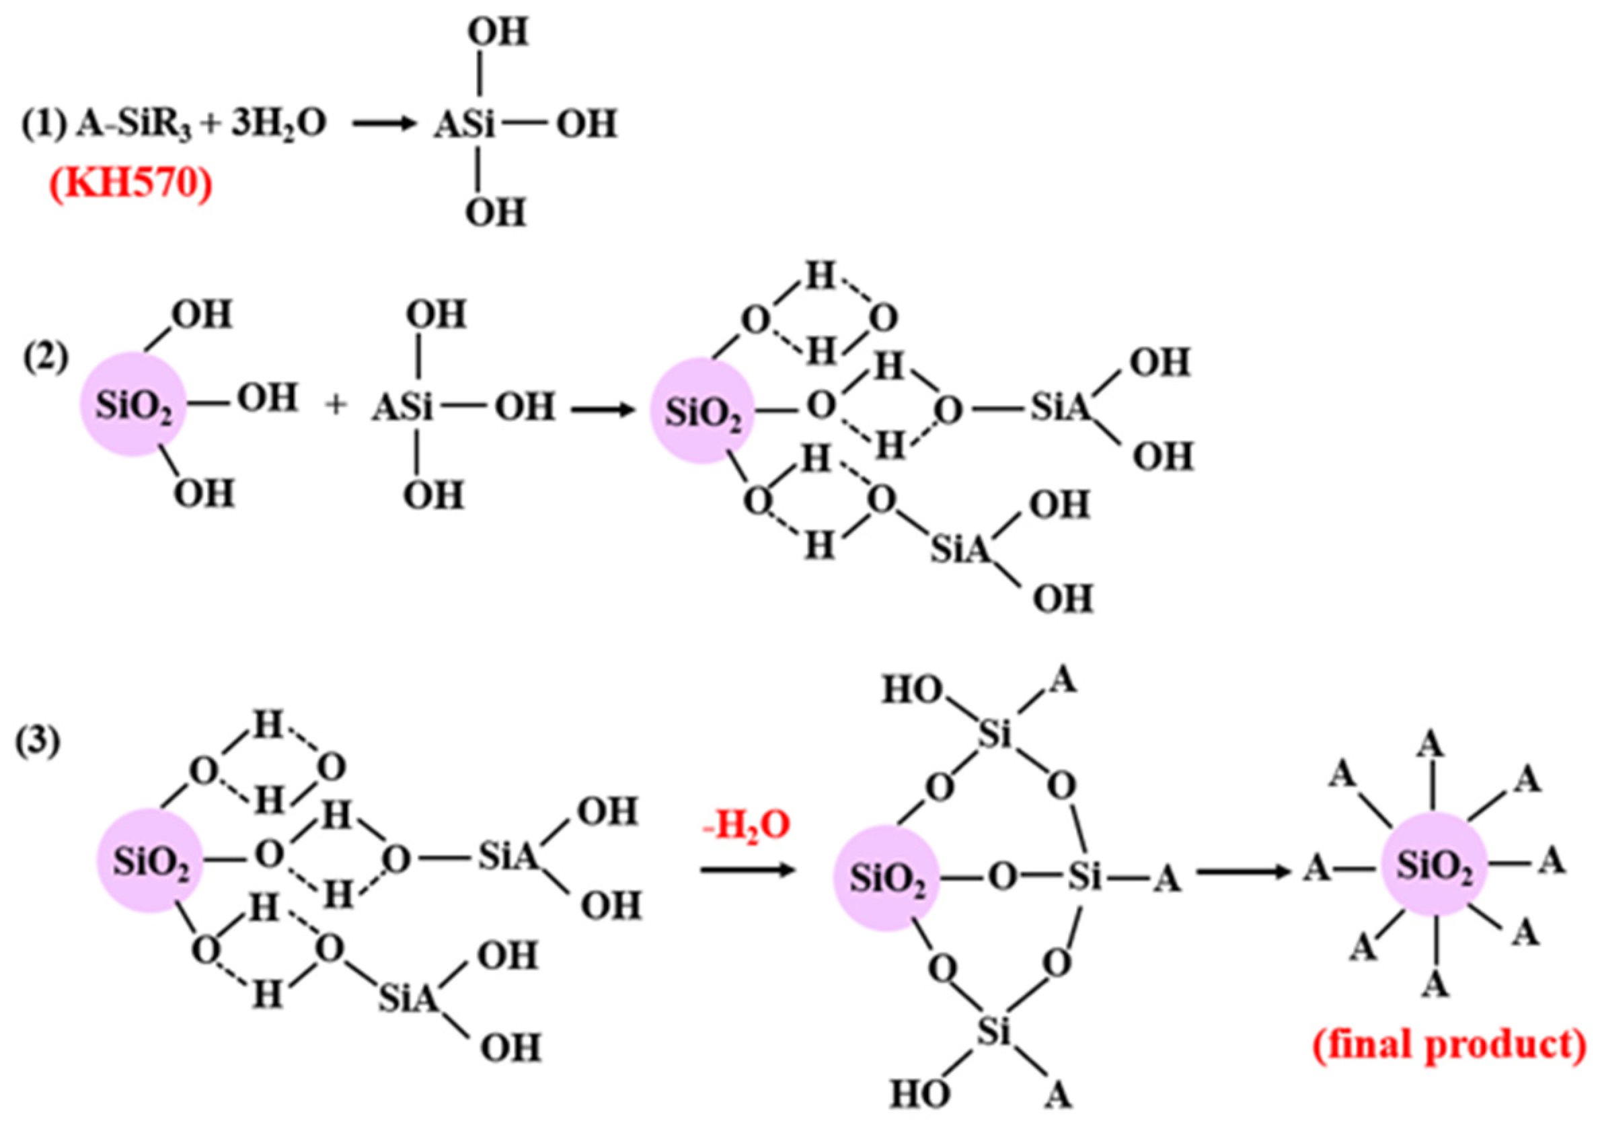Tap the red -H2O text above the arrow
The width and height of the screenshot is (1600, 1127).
[x=747, y=825]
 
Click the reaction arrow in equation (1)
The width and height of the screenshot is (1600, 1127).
[x=385, y=125]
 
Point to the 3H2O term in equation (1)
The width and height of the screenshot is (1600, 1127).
[x=278, y=125]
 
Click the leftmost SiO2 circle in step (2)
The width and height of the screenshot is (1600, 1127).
[x=133, y=406]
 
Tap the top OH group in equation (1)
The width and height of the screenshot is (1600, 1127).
[x=498, y=33]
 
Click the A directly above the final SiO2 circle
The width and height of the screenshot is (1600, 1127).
[x=1431, y=746]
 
